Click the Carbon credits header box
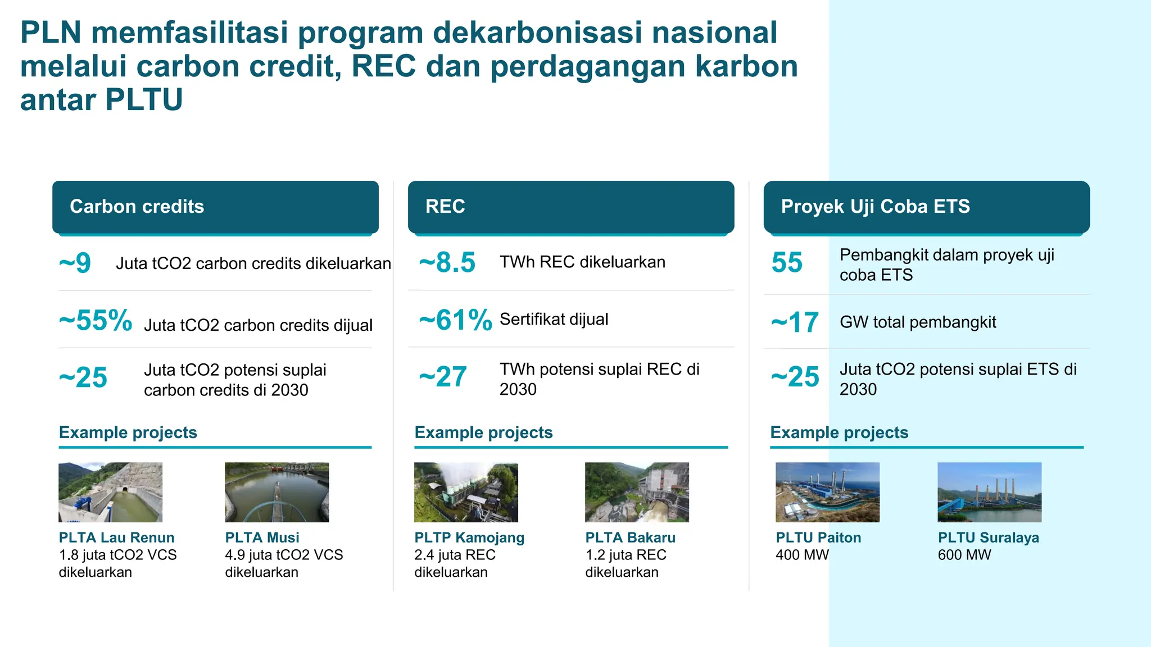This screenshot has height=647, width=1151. tap(215, 206)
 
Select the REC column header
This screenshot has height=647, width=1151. tap(570, 206)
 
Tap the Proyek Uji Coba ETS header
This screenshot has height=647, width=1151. tap(926, 206)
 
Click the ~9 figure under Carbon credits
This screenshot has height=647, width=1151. tap(75, 263)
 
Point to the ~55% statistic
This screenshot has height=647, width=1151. tap(96, 321)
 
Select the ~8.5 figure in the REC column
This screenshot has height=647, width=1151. tap(447, 262)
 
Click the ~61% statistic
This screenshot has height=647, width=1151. tap(455, 320)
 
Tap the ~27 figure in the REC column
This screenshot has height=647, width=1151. tap(443, 377)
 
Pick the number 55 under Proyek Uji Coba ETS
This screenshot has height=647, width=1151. tap(787, 262)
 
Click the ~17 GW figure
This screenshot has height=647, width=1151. tap(795, 322)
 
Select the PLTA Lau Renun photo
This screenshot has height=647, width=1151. tap(110, 492)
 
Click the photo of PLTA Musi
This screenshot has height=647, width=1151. tap(277, 492)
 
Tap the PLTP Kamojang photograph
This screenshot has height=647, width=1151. tap(466, 492)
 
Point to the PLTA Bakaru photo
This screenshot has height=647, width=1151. tap(637, 492)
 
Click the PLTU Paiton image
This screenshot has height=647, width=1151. tap(827, 492)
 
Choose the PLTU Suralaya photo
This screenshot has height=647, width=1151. tap(989, 492)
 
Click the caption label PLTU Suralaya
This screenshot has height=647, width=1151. tap(988, 537)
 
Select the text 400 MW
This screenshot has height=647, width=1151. tap(802, 555)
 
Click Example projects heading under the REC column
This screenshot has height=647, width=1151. tap(483, 432)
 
